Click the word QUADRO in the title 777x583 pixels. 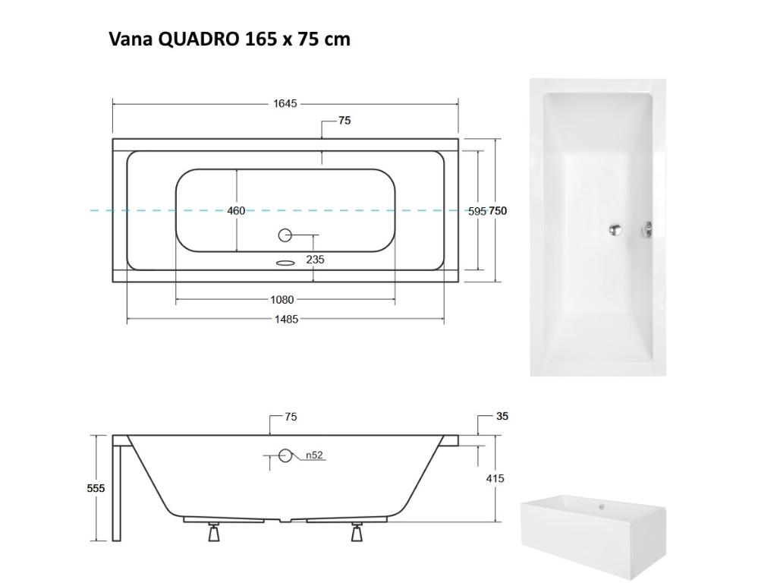(199, 39)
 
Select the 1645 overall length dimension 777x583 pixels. (285, 103)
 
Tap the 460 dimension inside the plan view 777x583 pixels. (236, 210)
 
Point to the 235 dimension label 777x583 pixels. (315, 260)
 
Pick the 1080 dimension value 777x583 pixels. (282, 300)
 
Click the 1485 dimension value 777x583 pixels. (285, 320)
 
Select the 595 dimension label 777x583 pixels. (477, 212)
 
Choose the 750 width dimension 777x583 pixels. (498, 211)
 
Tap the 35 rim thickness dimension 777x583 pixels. (502, 416)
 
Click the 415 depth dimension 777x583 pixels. (495, 478)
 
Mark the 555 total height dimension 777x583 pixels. (96, 488)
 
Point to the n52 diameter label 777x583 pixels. (314, 455)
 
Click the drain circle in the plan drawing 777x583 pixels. (285, 236)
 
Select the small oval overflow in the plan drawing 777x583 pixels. (285, 263)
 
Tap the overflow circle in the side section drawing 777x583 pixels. (285, 455)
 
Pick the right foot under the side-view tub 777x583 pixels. (357, 533)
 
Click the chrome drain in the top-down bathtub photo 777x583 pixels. (617, 229)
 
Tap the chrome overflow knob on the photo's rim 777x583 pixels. (648, 228)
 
